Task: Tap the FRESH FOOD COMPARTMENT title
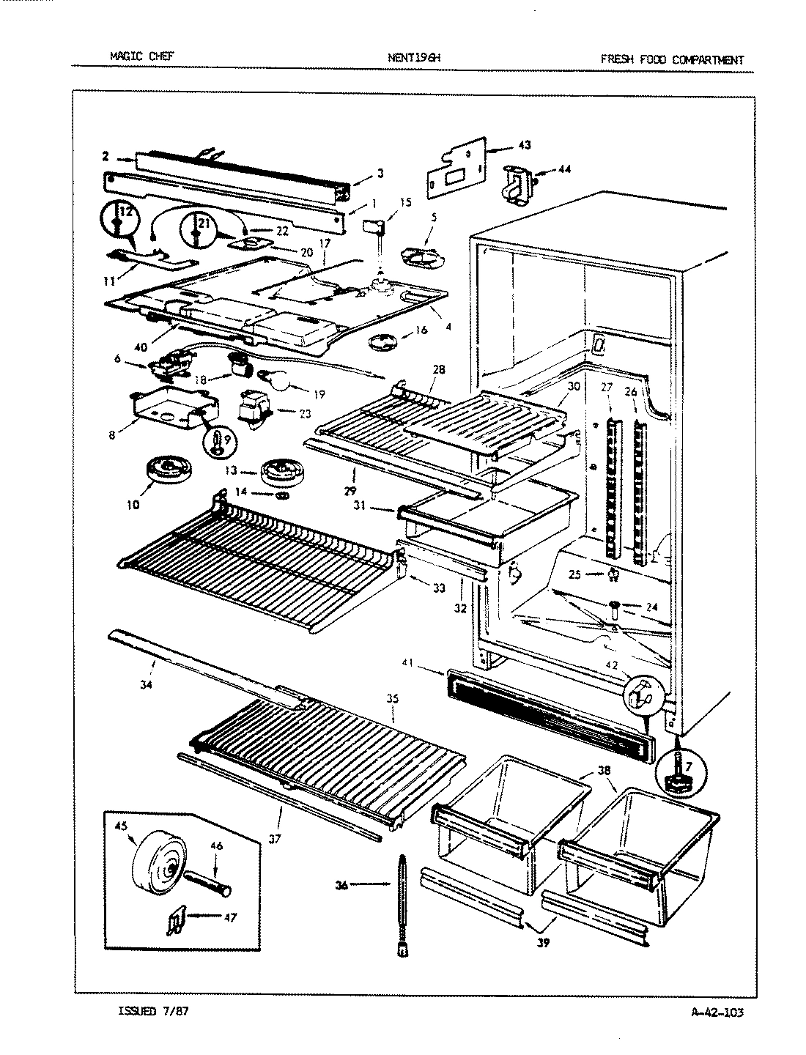pyautogui.click(x=671, y=59)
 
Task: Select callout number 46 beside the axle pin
pyautogui.click(x=216, y=846)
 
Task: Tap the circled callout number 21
pyautogui.click(x=204, y=224)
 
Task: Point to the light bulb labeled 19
pyautogui.click(x=278, y=380)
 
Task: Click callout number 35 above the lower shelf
pyautogui.click(x=392, y=699)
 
